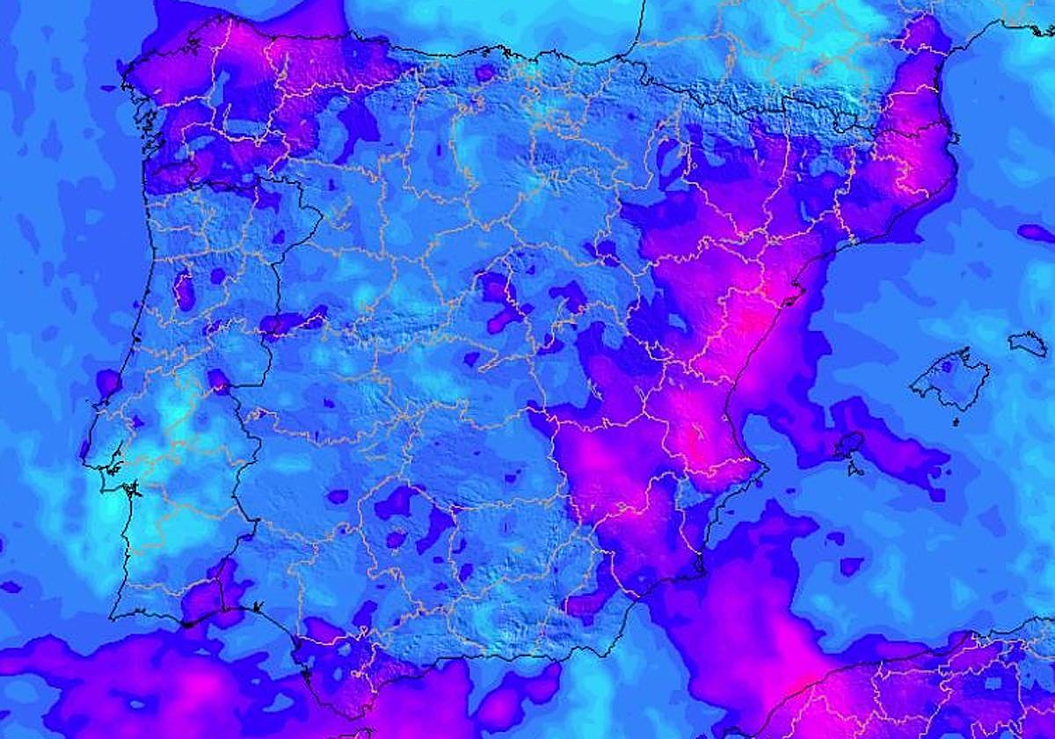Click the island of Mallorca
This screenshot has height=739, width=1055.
pyautogui.click(x=949, y=380)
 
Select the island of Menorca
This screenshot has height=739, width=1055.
pyautogui.click(x=1028, y=342)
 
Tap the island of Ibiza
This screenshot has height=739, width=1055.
pyautogui.click(x=848, y=443)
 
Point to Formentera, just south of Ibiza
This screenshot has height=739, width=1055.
pyautogui.click(x=852, y=469)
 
